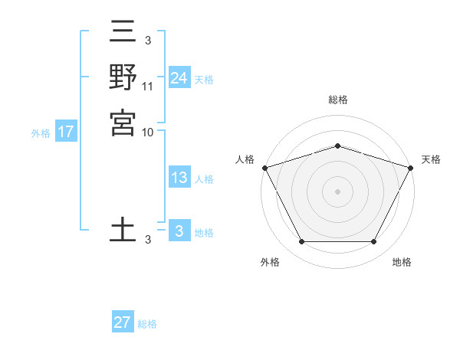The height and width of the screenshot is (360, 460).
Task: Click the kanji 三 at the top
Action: [x=123, y=33]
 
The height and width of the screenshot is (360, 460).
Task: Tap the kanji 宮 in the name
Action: [x=123, y=123]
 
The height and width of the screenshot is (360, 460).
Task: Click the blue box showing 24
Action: [x=179, y=78]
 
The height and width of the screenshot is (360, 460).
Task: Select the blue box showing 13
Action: [x=179, y=178]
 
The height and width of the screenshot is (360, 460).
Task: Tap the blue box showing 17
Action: [x=66, y=132]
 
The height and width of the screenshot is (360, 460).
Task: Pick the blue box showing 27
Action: [x=123, y=322]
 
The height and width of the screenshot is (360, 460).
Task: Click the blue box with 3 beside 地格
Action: [x=179, y=231]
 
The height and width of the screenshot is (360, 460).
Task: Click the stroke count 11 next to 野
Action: [x=149, y=87]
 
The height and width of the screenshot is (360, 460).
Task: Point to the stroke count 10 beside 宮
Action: [x=149, y=132]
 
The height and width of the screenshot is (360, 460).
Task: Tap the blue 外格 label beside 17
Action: [x=41, y=133]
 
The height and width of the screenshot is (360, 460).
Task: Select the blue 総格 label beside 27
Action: [x=147, y=324]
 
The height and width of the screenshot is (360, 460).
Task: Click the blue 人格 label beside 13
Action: [x=204, y=179]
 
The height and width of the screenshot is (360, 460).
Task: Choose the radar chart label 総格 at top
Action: [x=337, y=100]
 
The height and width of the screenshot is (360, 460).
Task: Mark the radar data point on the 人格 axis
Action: [x=264, y=168]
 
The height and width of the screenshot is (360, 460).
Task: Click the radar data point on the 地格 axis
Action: [x=373, y=241]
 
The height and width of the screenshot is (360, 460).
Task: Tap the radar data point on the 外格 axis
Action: [x=301, y=241]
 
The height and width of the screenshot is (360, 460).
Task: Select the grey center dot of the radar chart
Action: [x=337, y=191]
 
